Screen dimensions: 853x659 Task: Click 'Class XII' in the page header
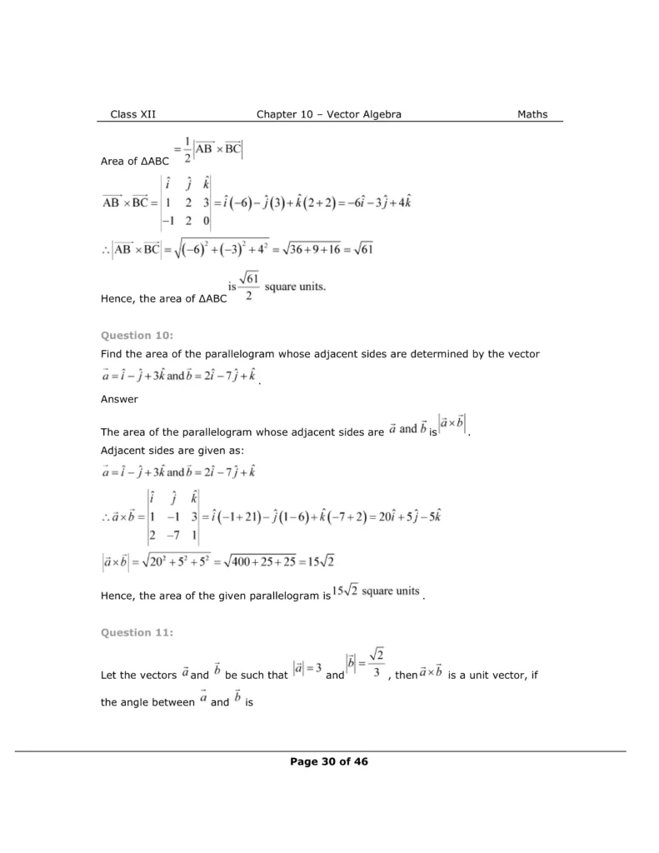132,114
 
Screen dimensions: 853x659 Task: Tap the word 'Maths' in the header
532,114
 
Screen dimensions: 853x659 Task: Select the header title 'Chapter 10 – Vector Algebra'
329,114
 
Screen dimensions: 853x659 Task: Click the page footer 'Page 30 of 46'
329,761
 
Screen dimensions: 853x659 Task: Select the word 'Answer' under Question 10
119,399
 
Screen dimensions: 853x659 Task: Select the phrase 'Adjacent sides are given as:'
172,451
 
